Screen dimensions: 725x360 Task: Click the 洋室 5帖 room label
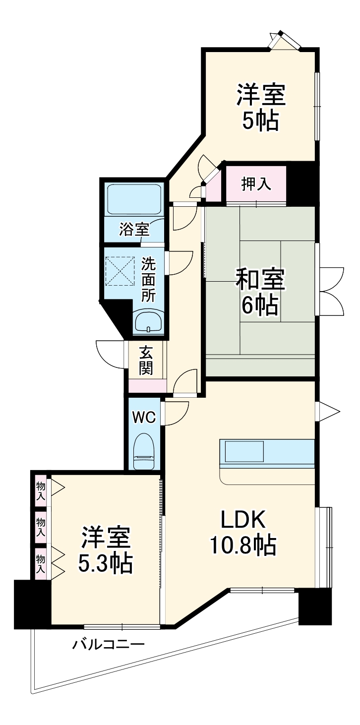coord(261,107)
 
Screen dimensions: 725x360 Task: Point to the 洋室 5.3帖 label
coord(106,550)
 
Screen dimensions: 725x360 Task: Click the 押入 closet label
coord(256,184)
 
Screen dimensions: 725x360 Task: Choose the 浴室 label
coord(134,230)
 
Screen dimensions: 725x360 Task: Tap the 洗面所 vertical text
coord(148,279)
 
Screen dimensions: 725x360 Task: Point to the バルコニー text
coord(109,645)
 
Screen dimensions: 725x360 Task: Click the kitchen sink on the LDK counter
coord(245,452)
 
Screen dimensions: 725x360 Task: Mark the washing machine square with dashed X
coord(120,271)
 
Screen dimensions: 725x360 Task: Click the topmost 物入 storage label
coord(41,490)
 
